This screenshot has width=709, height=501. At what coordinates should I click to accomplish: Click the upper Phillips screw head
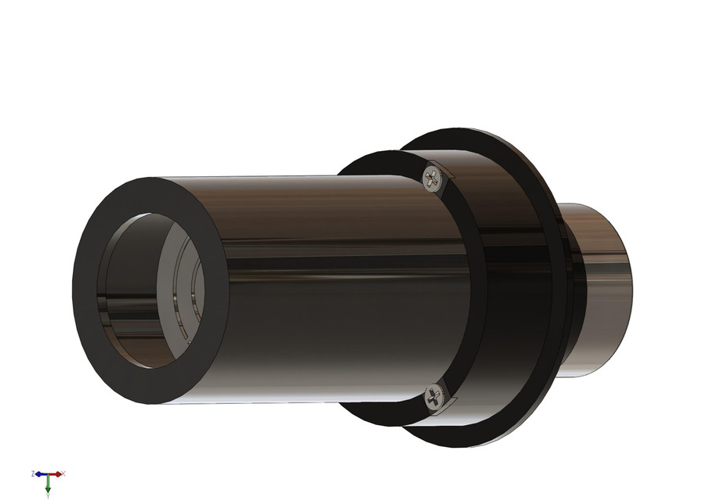click(432, 179)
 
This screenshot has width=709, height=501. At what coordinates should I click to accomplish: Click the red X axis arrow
click(58, 474)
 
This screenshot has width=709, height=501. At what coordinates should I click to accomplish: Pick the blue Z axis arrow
click(39, 474)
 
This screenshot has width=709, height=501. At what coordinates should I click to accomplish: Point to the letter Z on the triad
click(33, 474)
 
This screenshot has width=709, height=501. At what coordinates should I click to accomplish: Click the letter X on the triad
click(63, 474)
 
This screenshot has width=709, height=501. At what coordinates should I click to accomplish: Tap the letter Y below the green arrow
click(48, 496)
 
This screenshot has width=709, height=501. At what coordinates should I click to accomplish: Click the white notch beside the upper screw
click(446, 171)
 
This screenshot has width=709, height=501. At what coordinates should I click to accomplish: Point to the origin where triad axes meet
click(48, 474)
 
